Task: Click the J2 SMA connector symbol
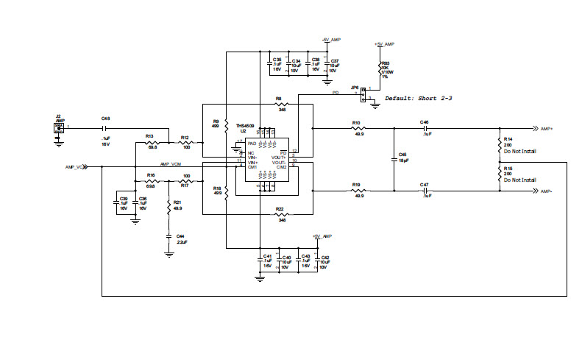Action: [58, 128]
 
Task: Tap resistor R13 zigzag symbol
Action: [152, 143]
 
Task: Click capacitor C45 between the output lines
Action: [393, 160]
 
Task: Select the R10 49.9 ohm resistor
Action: [358, 128]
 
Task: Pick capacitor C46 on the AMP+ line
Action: [425, 128]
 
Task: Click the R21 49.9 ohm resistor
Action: [169, 208]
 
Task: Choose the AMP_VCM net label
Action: [171, 164]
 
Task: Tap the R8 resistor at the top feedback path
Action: [280, 105]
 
